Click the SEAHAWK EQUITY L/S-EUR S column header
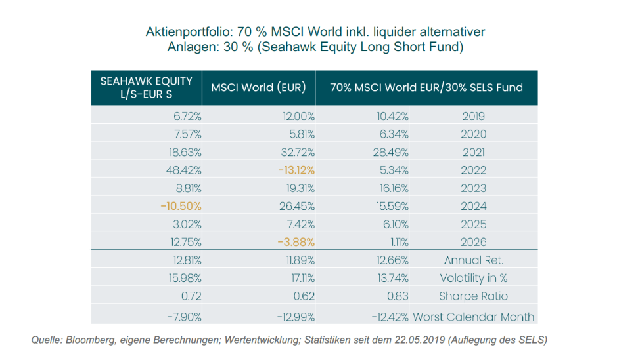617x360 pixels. coord(147,88)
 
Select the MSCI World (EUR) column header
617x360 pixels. coord(258,87)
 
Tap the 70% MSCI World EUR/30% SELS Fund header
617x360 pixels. coord(426,87)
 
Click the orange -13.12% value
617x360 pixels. coord(296,170)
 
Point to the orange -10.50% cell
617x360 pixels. coord(181,206)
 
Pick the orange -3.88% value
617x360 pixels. coord(296,242)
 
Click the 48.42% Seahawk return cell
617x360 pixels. coord(184,170)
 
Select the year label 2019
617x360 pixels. coord(473,116)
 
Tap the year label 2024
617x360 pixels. coord(473,206)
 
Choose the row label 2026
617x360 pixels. coord(473,242)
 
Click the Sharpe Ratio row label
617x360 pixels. coord(473,296)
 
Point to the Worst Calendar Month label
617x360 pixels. coord(473,317)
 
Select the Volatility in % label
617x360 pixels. coord(473,278)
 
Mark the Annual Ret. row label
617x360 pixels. coord(473,260)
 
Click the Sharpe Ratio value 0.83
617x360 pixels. coord(398,296)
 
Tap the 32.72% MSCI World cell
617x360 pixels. coord(298,152)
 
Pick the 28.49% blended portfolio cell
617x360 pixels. coord(391,152)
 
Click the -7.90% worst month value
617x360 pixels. coord(184,317)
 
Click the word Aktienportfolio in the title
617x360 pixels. coord(189,31)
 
